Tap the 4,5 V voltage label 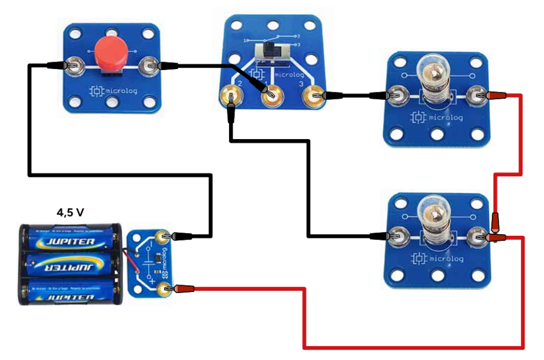point(70,212)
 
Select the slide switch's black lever point(271,52)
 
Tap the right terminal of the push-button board point(147,66)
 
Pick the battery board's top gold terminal point(163,236)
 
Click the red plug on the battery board point(183,289)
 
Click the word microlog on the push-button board point(122,91)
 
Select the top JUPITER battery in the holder point(72,242)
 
